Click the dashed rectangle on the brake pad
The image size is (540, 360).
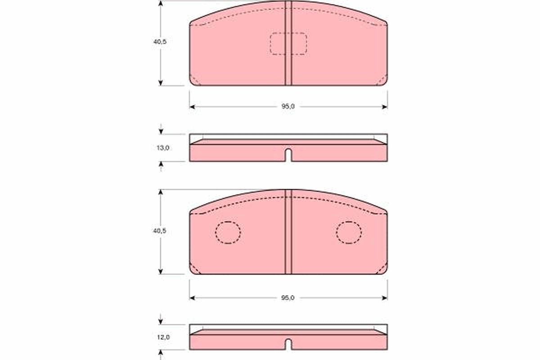point(288,44)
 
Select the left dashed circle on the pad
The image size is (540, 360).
point(228,233)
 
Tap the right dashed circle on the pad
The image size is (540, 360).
point(349,233)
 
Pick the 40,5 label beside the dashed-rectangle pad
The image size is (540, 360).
point(160,41)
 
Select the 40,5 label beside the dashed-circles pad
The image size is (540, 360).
point(160,230)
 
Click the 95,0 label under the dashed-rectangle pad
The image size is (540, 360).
point(288,107)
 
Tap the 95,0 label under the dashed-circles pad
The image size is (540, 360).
point(288,297)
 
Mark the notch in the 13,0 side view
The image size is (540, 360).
point(288,155)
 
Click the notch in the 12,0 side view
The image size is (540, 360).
point(288,344)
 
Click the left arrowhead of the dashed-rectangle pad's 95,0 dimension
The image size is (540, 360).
point(192,107)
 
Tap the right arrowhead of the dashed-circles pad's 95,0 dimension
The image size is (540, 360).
point(384,297)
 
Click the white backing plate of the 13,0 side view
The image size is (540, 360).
point(288,136)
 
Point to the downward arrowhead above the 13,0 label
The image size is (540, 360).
point(161,131)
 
